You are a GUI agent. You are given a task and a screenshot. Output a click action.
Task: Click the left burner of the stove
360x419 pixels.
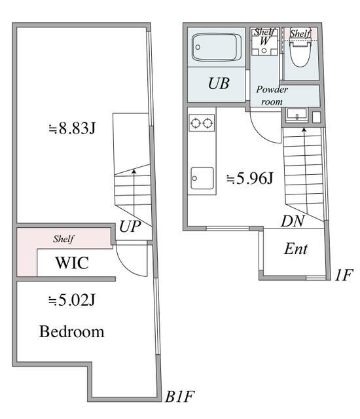pos(195,122)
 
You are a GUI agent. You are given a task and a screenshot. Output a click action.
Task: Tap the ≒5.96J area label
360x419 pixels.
pos(249,178)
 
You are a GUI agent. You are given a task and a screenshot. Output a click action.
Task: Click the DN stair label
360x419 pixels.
pos(293,222)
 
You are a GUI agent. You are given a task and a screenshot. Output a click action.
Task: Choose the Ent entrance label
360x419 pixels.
pos(296,249)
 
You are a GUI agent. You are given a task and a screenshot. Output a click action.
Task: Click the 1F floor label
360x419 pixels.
pos(343,275)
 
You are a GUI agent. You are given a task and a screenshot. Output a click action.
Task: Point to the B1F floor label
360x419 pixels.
pos(179,397)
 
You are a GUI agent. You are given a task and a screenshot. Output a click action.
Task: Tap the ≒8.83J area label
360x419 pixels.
pos(72,128)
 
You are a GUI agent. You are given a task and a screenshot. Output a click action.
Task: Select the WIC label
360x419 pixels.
pos(72,264)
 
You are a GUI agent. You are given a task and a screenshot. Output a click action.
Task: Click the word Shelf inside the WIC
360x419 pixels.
pos(63,239)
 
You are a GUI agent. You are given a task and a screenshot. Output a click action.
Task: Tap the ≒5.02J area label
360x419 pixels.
pos(72,301)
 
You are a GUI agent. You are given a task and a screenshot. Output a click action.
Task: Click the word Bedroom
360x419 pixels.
pos(72,331)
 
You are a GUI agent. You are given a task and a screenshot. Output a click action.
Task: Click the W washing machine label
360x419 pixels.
pos(264,41)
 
